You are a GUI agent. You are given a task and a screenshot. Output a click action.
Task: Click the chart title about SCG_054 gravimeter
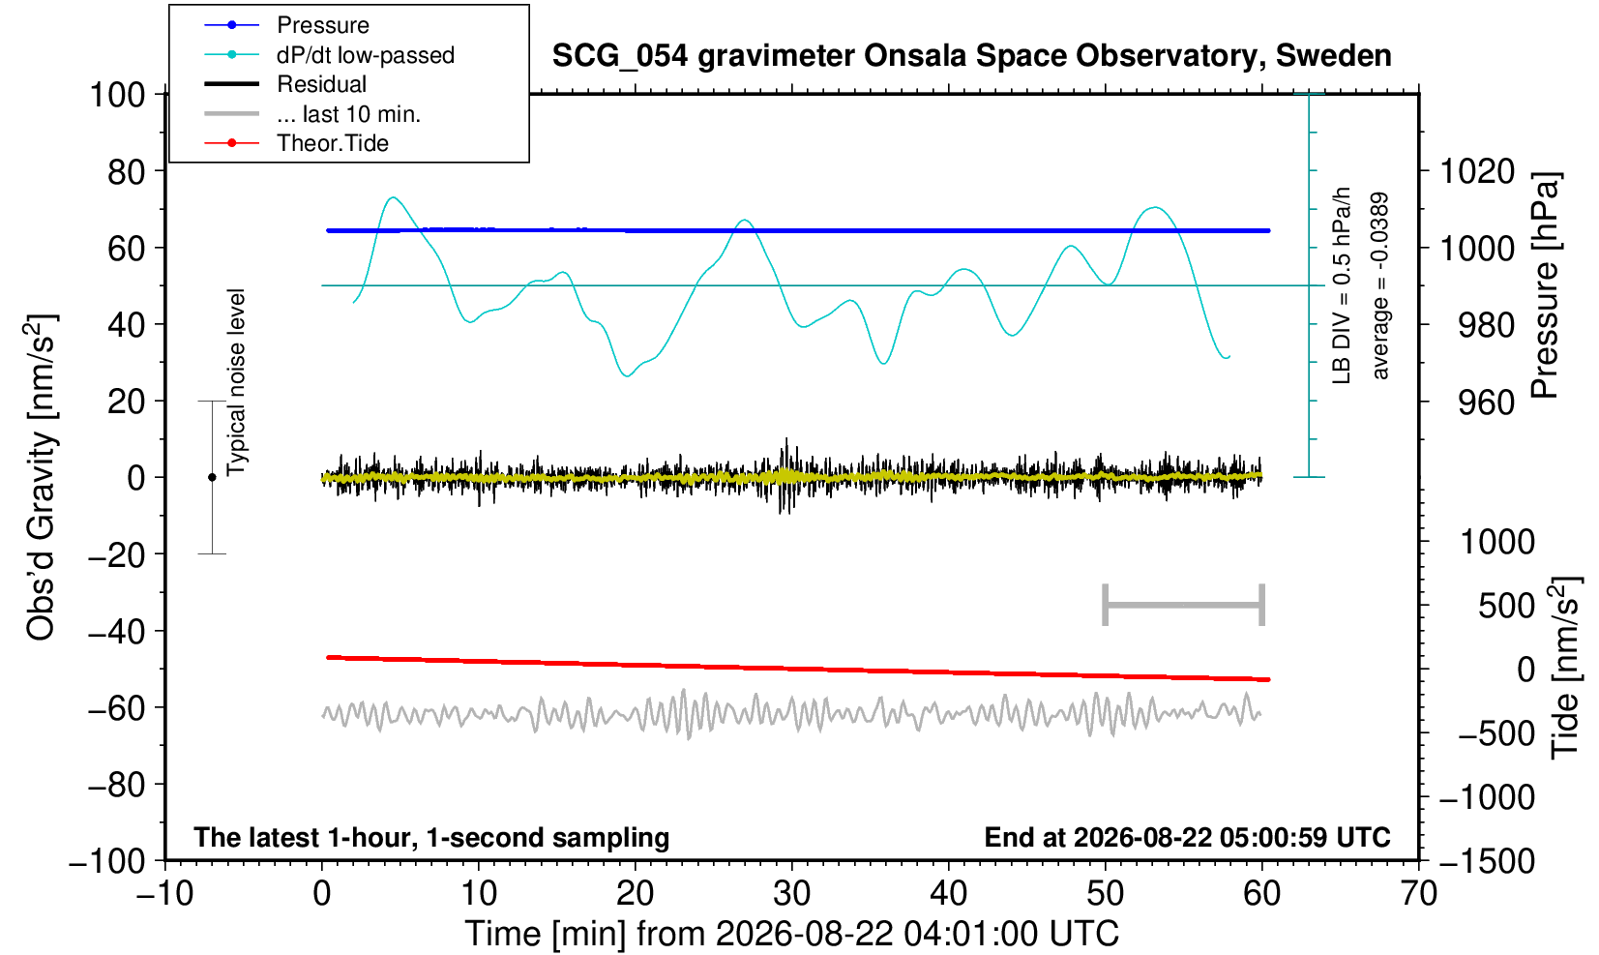click(x=971, y=56)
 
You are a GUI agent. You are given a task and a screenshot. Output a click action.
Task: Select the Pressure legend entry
click(x=286, y=26)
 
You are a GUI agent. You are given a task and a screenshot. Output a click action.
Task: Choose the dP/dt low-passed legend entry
click(x=329, y=55)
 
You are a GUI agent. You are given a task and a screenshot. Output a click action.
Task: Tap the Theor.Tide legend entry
click(x=296, y=143)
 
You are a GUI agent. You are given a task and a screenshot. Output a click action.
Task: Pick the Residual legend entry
click(x=284, y=84)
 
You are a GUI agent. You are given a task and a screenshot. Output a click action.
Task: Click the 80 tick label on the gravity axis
click(x=127, y=171)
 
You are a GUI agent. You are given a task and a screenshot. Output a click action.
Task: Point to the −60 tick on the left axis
click(x=116, y=708)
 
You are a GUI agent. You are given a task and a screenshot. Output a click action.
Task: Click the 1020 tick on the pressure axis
click(x=1477, y=171)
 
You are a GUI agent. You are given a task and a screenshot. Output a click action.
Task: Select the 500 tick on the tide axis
click(x=1506, y=606)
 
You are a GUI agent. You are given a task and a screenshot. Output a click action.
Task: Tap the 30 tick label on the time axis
click(x=791, y=894)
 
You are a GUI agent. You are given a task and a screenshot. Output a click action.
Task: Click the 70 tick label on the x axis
click(x=1418, y=894)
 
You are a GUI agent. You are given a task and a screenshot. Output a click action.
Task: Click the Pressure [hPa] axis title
click(x=1545, y=285)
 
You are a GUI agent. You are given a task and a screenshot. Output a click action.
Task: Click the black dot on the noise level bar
click(x=212, y=477)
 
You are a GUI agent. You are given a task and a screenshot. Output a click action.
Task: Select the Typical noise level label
click(x=236, y=382)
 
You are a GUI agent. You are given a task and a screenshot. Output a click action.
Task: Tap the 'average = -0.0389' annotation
click(x=1379, y=285)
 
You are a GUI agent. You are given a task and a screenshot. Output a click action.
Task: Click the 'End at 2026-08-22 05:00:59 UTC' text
click(x=1187, y=837)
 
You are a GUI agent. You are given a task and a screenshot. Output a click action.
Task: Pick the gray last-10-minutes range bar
click(x=1184, y=605)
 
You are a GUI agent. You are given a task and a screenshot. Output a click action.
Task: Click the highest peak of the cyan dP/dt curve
click(x=394, y=197)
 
